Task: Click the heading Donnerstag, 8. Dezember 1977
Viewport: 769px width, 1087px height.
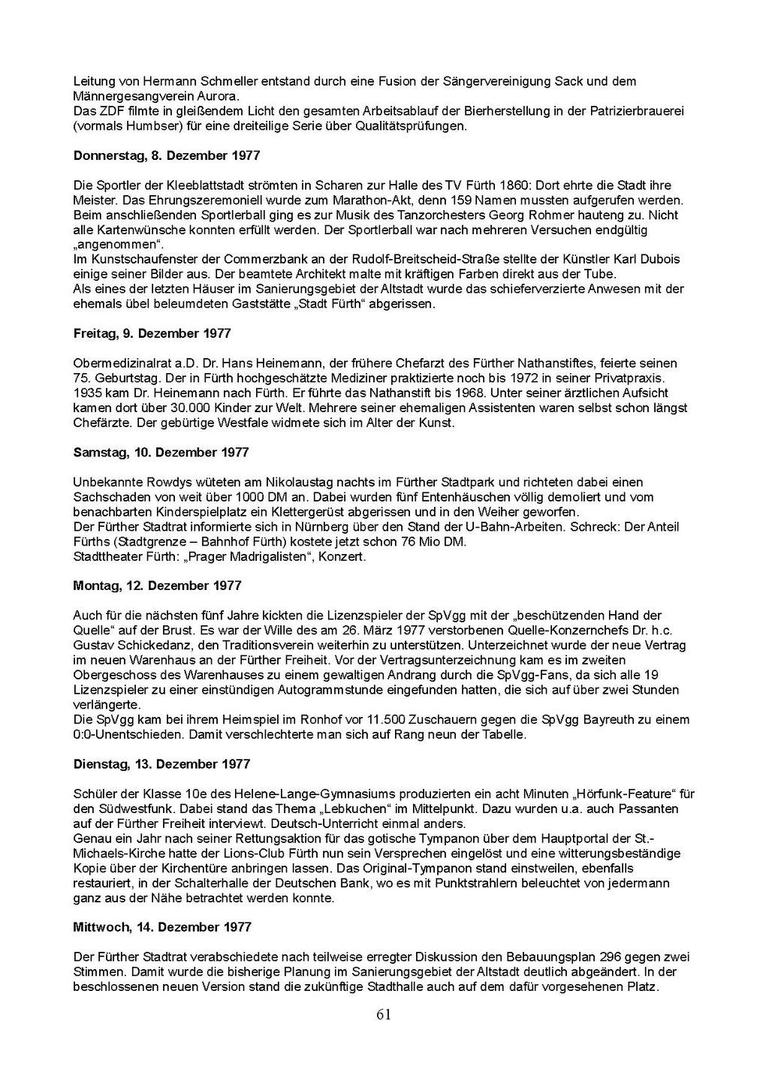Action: click(167, 155)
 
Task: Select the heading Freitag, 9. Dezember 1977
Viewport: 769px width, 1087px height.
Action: click(152, 333)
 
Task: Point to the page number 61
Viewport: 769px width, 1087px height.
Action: click(384, 1015)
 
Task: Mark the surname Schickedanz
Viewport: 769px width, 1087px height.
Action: click(142, 646)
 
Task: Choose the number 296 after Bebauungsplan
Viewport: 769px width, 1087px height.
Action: click(611, 957)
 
